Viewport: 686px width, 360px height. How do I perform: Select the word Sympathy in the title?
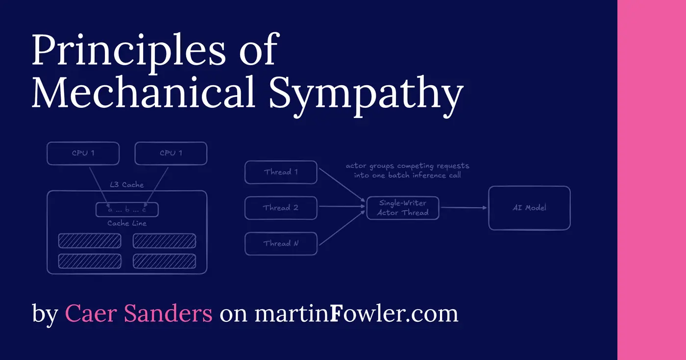click(366, 94)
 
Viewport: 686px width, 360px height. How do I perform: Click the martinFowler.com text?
click(356, 313)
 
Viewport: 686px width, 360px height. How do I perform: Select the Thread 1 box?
click(281, 172)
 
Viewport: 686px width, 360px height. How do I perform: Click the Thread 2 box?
click(281, 208)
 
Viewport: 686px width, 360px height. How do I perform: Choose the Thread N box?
click(281, 243)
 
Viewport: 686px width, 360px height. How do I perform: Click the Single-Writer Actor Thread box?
click(403, 208)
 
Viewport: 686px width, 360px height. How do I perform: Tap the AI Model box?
click(529, 208)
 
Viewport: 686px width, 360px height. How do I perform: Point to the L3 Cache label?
click(126, 185)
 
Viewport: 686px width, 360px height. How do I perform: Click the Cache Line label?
click(126, 223)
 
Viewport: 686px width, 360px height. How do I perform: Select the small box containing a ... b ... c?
click(126, 210)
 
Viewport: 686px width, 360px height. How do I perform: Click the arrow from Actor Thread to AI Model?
click(463, 208)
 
